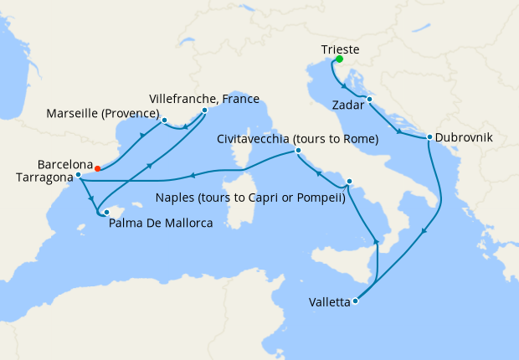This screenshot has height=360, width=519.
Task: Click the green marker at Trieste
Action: pos(340,59)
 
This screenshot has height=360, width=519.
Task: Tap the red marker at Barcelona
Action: pos(98,167)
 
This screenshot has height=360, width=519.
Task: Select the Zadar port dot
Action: pos(368,100)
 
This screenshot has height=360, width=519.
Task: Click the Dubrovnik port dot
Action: pos(429,137)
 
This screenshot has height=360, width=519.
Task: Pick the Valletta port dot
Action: pos(357,301)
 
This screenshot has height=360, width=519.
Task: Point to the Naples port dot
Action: pos(349,181)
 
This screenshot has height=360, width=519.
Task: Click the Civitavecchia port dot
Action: pos(298,151)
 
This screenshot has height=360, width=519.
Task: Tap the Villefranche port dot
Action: pos(204,110)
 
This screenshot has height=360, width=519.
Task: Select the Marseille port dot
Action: pos(165,119)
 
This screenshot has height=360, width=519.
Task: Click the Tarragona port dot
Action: pos(78,176)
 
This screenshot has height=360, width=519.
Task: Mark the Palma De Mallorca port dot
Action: pos(106,212)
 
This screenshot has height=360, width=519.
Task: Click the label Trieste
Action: pos(340,49)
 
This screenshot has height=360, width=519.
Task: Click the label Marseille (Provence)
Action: pos(103,114)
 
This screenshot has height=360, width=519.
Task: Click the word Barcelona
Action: pos(64,164)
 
